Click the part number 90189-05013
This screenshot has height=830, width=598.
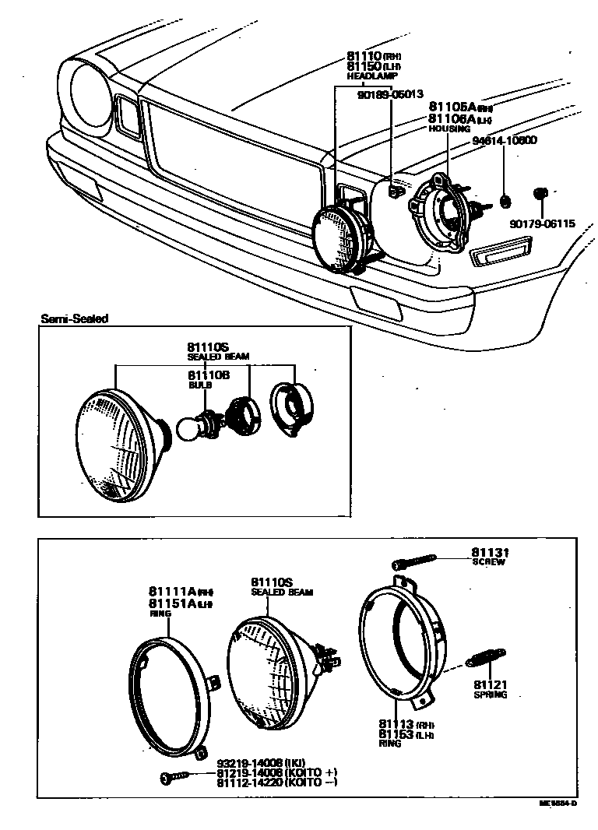pyautogui.click(x=390, y=94)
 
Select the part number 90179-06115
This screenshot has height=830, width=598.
pyautogui.click(x=542, y=224)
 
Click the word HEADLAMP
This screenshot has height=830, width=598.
pyautogui.click(x=371, y=77)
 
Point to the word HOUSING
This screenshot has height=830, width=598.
pyautogui.click(x=450, y=128)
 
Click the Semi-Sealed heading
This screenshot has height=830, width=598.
pyautogui.click(x=75, y=318)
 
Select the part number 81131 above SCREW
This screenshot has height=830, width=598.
pyautogui.click(x=488, y=552)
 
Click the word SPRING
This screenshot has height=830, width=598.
pyautogui.click(x=490, y=695)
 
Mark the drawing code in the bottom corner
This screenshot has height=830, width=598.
pyautogui.click(x=558, y=803)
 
